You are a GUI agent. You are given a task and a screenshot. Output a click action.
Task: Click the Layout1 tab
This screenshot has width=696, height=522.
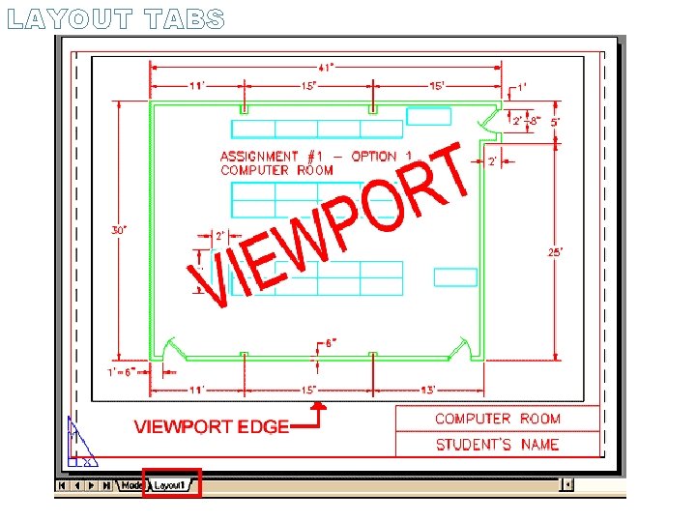click(170, 485)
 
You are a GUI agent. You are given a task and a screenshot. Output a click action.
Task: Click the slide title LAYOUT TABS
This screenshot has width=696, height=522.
click(115, 19)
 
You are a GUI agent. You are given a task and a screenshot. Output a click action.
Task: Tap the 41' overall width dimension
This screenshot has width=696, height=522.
click(327, 67)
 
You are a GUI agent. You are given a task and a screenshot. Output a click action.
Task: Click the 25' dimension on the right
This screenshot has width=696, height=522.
click(556, 251)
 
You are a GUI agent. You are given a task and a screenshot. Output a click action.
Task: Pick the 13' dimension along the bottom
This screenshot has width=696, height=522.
click(427, 390)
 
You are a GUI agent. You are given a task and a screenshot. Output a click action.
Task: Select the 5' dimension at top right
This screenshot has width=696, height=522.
click(555, 123)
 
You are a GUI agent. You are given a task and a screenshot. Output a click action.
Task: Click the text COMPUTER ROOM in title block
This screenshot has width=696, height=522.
click(497, 419)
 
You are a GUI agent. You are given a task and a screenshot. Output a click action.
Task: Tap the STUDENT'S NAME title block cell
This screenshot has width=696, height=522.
click(497, 445)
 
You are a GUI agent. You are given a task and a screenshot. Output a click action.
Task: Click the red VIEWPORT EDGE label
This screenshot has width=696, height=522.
click(211, 426)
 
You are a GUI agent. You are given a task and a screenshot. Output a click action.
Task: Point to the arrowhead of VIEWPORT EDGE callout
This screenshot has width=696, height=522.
click(323, 408)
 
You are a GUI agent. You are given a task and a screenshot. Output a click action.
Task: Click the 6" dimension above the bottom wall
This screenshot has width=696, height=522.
click(329, 343)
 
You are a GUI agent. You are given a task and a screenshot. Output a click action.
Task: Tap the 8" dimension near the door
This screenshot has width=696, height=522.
click(536, 122)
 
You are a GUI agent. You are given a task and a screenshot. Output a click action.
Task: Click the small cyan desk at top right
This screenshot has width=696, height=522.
click(428, 116)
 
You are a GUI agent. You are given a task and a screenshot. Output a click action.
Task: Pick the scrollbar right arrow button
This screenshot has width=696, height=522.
click(568, 485)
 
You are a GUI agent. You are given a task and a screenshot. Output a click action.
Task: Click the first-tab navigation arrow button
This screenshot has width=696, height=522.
click(63, 485)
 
